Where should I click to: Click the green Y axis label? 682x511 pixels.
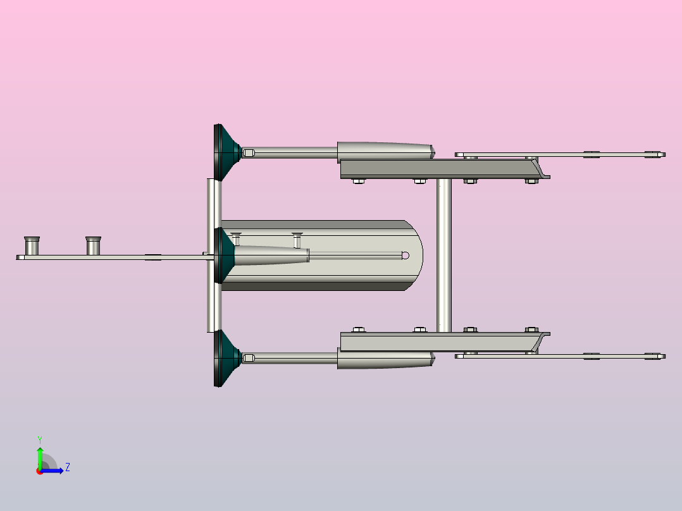(40, 440)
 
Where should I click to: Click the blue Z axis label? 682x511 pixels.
(68, 467)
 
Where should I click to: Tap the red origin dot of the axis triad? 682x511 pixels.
(40, 471)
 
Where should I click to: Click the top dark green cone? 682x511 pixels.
(226, 152)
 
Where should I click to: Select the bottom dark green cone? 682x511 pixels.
(226, 358)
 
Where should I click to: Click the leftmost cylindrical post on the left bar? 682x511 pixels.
(32, 246)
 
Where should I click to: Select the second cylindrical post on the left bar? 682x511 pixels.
(94, 246)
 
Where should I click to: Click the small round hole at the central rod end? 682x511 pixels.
(406, 255)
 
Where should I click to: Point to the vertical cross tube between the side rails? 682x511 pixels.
(444, 255)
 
